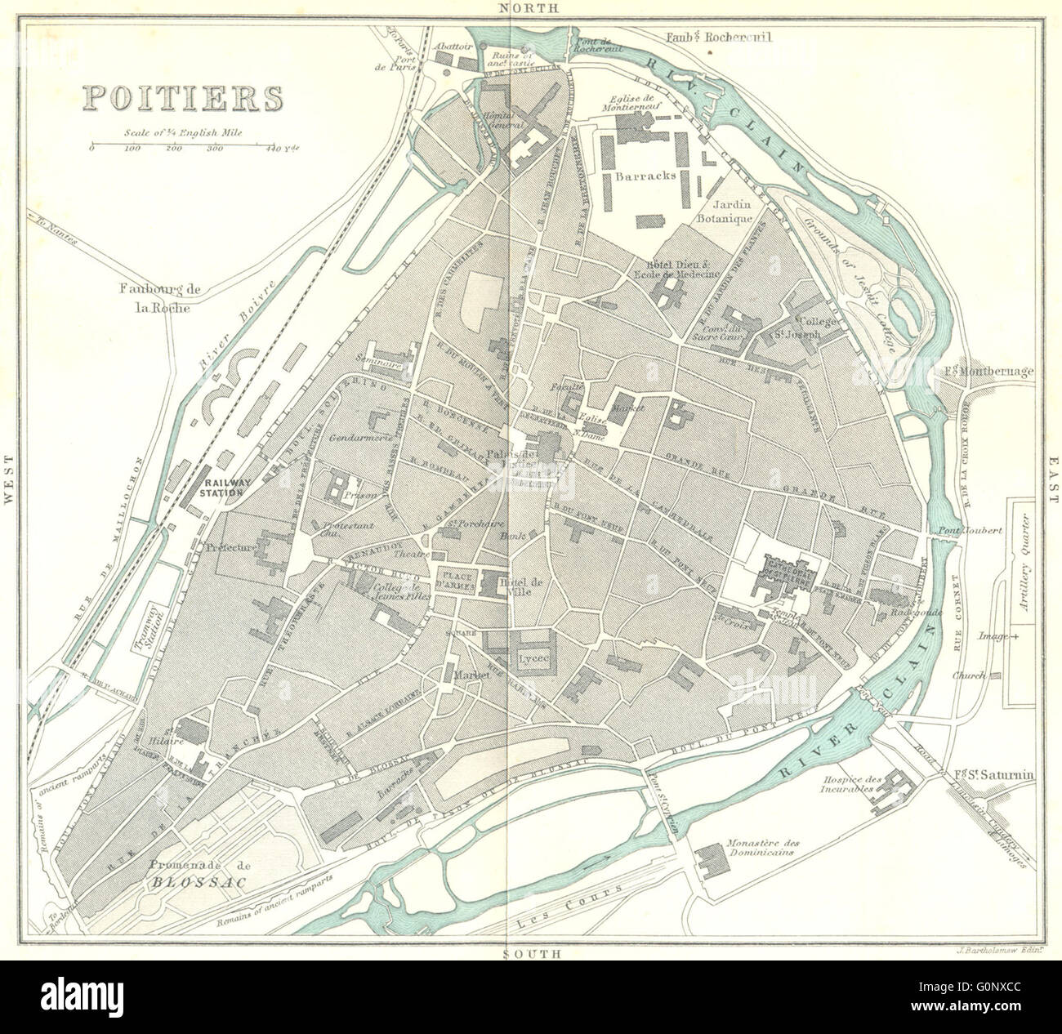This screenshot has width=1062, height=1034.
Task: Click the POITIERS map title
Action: tap(183, 98)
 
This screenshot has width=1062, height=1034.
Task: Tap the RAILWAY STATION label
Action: tap(224, 488)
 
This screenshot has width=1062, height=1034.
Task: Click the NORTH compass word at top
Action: tap(529, 8)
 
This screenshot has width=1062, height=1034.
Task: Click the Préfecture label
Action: tap(232, 548)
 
